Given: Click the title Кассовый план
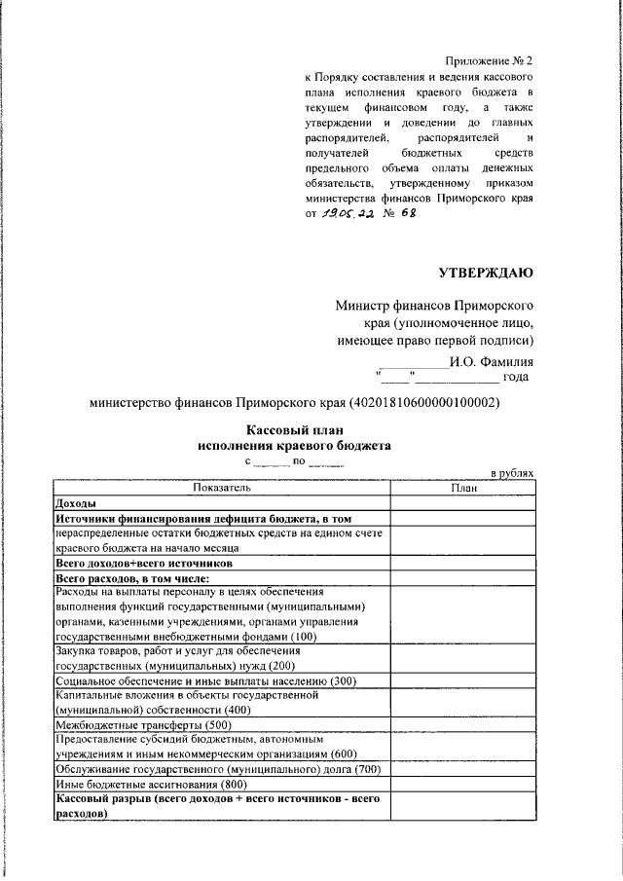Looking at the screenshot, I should pyautogui.click(x=294, y=430).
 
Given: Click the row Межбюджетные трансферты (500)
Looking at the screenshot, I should pyautogui.click(x=144, y=725).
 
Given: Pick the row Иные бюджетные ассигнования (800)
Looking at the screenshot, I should pyautogui.click(x=151, y=785).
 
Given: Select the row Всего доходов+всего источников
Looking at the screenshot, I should pyautogui.click(x=144, y=563).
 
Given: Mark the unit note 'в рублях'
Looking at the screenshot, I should pyautogui.click(x=511, y=472).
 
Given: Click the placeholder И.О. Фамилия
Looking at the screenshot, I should pyautogui.click(x=491, y=361).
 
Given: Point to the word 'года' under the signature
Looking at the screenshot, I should pyautogui.click(x=517, y=377).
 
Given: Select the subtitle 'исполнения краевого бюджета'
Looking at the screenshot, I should pyautogui.click(x=294, y=446).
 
